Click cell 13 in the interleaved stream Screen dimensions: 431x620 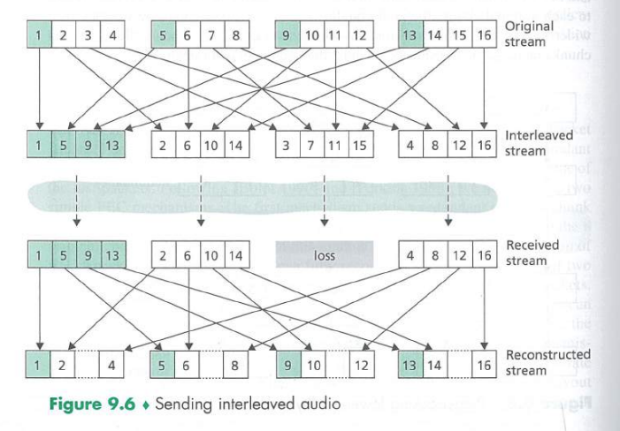111,144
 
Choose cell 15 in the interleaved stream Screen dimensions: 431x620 359,144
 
